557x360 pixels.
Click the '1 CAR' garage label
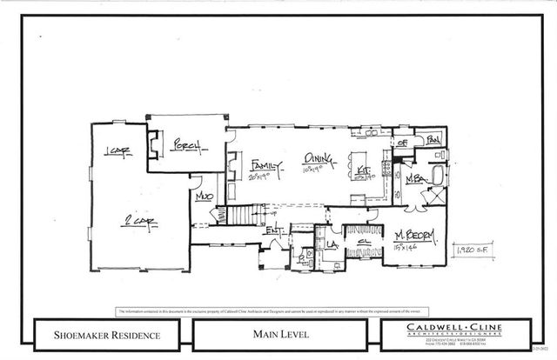[116, 153]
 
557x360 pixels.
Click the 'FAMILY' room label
[264, 165]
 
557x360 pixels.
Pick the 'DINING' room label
[316, 158]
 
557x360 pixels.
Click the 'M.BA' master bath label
[415, 179]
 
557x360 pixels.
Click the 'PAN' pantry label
[433, 139]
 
